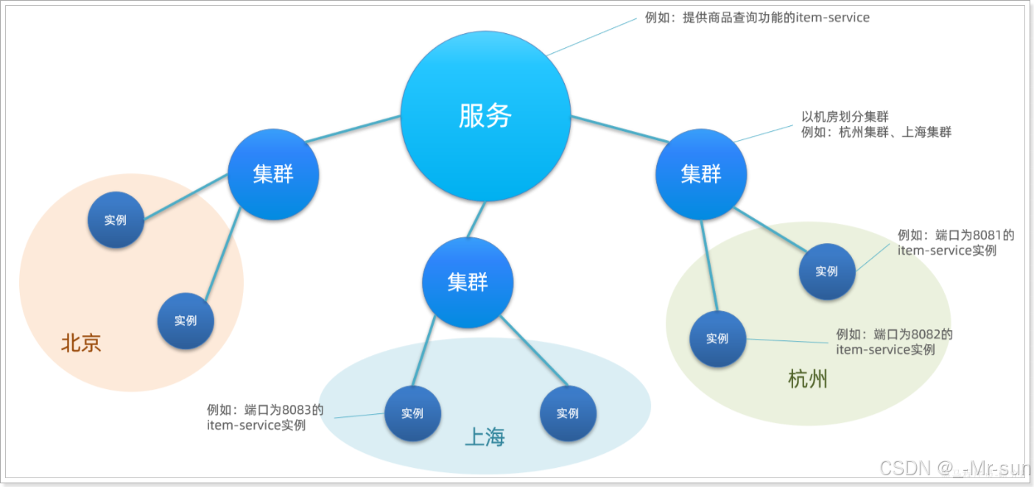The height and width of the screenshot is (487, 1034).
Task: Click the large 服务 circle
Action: click(x=485, y=116)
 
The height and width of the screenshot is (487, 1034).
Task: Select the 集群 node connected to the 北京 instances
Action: click(x=273, y=175)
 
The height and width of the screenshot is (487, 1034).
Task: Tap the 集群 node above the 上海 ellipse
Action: click(x=468, y=282)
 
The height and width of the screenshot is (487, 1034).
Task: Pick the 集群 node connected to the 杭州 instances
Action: click(x=701, y=175)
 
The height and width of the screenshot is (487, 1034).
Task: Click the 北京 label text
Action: click(x=81, y=343)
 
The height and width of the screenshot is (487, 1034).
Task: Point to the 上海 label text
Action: click(x=485, y=437)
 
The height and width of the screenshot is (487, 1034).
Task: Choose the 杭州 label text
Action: click(x=808, y=379)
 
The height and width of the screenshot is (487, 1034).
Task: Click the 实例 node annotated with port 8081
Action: click(x=827, y=271)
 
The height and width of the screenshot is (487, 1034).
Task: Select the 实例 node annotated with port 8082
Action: click(x=717, y=339)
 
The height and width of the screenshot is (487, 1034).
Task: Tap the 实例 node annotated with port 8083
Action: click(x=412, y=413)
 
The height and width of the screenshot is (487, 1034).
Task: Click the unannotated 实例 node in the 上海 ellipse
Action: click(x=568, y=413)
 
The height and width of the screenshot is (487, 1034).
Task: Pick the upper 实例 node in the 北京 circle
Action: click(x=116, y=220)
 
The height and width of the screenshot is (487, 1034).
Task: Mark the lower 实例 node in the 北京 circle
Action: click(x=186, y=320)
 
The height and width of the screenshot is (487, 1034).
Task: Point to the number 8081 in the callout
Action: click(x=987, y=235)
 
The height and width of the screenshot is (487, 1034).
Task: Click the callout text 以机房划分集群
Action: click(x=845, y=116)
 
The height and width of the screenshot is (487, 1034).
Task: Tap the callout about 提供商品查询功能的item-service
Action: click(x=757, y=17)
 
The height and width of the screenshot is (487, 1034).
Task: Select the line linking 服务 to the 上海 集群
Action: click(x=476, y=219)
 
